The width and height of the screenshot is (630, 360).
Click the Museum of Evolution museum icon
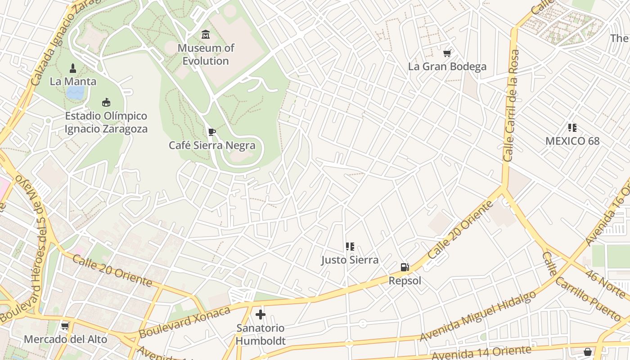[206, 34]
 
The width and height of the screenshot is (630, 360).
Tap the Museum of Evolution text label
[206, 54]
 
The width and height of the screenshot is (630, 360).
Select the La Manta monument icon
[73, 68]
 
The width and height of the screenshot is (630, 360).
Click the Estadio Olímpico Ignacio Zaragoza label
[106, 122]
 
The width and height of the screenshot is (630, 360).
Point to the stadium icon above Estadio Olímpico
[106, 103]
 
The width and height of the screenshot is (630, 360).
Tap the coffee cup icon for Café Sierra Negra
[211, 132]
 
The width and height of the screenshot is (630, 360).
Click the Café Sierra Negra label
[212, 145]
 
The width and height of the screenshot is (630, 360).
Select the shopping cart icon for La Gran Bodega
[447, 54]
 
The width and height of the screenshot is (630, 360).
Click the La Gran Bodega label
[447, 67]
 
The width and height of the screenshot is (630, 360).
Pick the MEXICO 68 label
[572, 141]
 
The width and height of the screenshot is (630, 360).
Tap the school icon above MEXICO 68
[572, 128]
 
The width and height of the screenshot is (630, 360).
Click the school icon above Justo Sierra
[350, 247]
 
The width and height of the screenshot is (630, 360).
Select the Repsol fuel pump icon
[405, 267]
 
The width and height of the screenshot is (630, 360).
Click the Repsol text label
[405, 281]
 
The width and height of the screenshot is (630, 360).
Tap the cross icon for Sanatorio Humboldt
[261, 315]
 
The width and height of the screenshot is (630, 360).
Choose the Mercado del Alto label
[66, 339]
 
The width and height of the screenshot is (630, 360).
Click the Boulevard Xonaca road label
[184, 322]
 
